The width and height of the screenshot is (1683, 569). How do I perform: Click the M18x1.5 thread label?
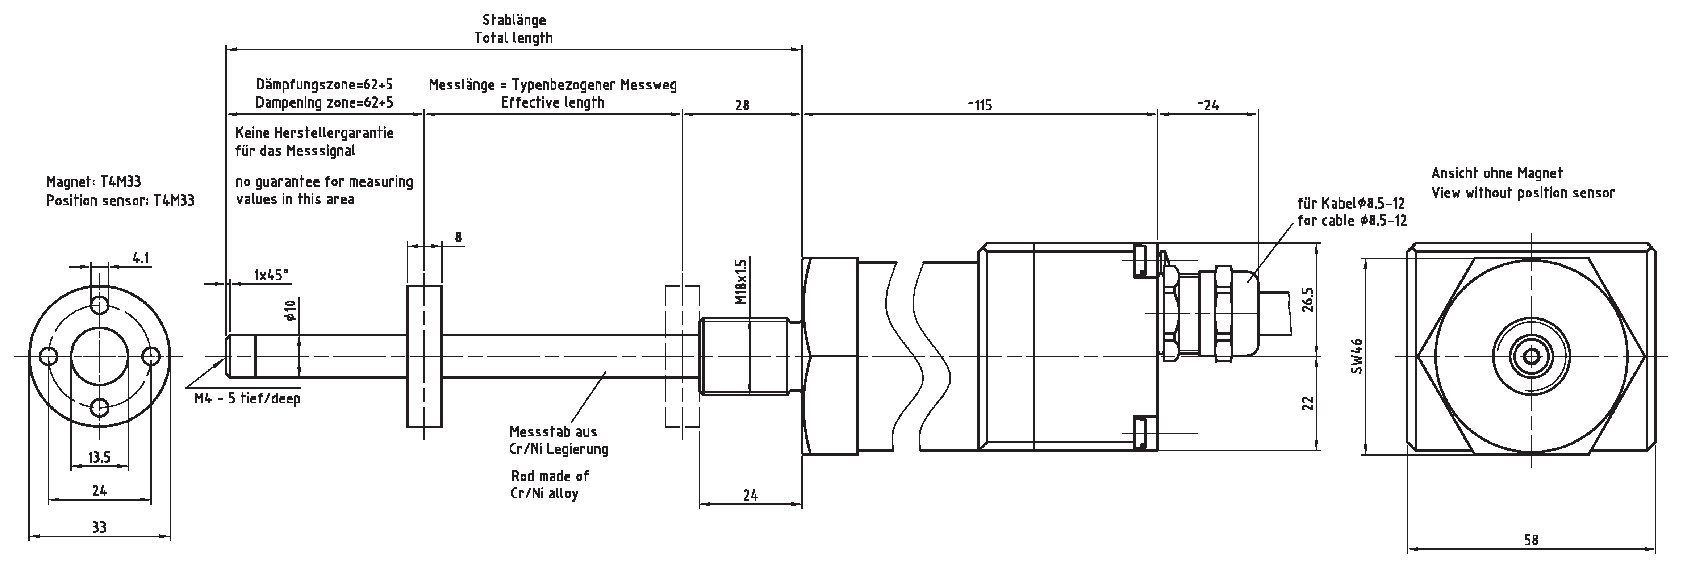point(740,282)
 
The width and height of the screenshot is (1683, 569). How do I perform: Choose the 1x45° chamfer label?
point(271,275)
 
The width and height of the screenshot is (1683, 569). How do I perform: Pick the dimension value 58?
point(1531,540)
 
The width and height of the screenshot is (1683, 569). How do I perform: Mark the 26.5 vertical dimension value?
point(1307,300)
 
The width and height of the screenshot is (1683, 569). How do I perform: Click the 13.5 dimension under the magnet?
point(99,457)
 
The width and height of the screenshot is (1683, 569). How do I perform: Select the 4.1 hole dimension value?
point(141,258)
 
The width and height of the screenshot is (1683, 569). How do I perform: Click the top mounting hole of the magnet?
point(100,305)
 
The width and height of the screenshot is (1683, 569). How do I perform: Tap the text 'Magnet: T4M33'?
point(93,181)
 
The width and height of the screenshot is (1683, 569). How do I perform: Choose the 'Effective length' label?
point(552,102)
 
